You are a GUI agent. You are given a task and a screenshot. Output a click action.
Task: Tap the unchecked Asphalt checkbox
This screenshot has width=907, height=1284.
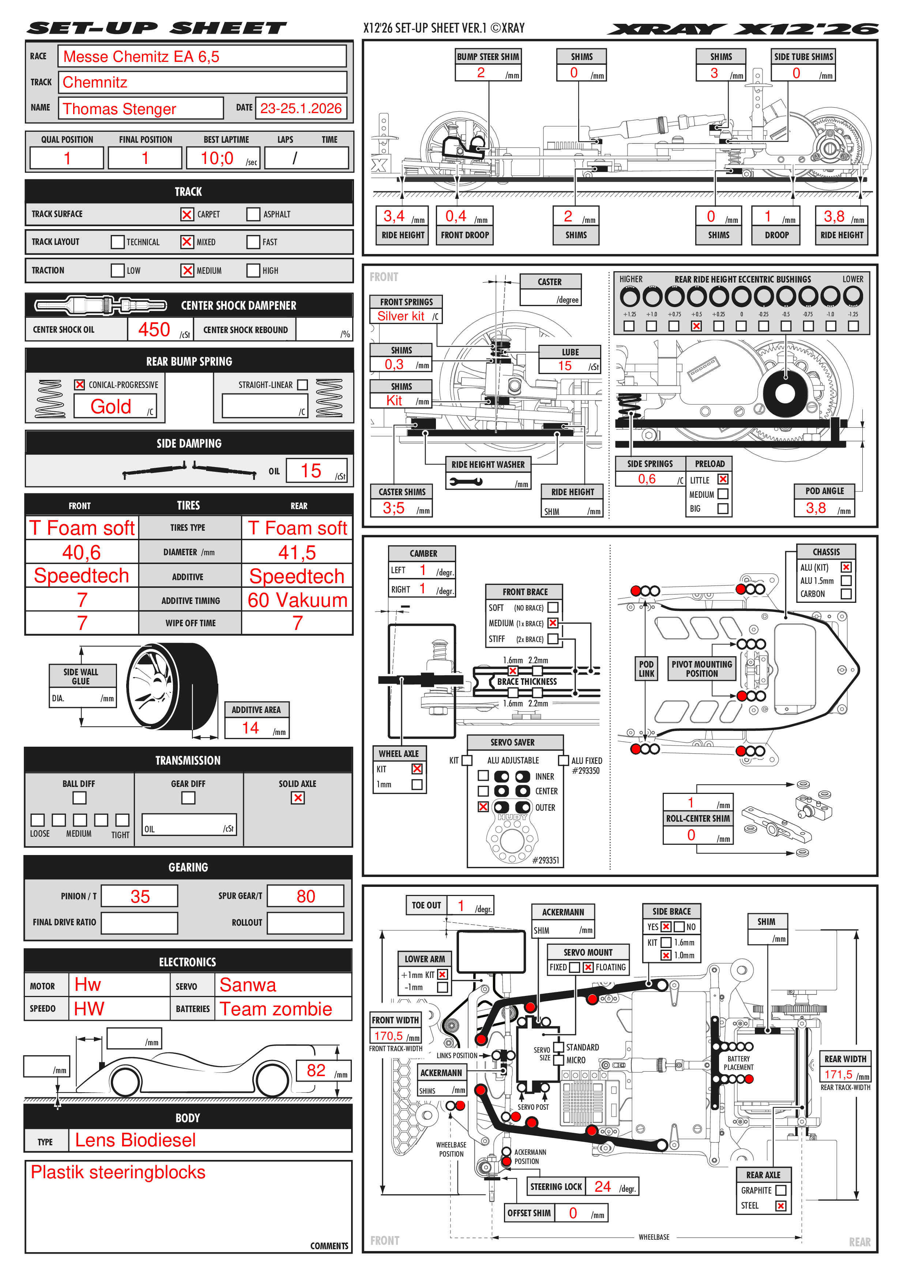point(253,214)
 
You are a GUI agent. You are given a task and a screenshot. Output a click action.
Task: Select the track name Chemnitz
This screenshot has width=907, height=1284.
point(95,82)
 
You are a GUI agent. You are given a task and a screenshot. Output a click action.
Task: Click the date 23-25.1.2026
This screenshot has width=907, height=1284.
point(301,108)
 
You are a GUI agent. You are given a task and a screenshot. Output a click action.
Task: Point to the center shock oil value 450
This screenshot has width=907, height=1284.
point(154,329)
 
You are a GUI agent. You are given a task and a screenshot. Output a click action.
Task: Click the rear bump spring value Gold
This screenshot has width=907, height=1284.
point(111,407)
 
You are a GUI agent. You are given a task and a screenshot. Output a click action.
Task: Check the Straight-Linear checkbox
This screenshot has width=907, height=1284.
point(302,385)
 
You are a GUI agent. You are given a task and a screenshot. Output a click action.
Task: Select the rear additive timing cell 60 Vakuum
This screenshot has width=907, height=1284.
point(297,600)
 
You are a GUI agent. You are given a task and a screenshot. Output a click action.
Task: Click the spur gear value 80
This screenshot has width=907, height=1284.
point(306,896)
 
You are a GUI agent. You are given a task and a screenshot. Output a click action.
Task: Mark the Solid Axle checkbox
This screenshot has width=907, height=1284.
point(298,798)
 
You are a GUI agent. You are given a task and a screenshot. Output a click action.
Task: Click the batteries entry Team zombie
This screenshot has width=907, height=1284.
point(276,1009)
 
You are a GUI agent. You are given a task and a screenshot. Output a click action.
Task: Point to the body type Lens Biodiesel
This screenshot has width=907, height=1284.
point(135,1140)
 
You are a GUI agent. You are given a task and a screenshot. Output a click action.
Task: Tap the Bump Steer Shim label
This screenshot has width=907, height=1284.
point(488,56)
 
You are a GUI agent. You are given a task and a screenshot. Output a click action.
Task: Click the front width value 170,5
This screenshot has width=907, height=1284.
point(388,1036)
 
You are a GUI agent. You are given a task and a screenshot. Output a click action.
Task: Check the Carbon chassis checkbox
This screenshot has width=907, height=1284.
point(846,594)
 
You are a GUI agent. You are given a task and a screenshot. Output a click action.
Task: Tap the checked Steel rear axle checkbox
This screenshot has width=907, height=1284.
point(781,1206)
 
